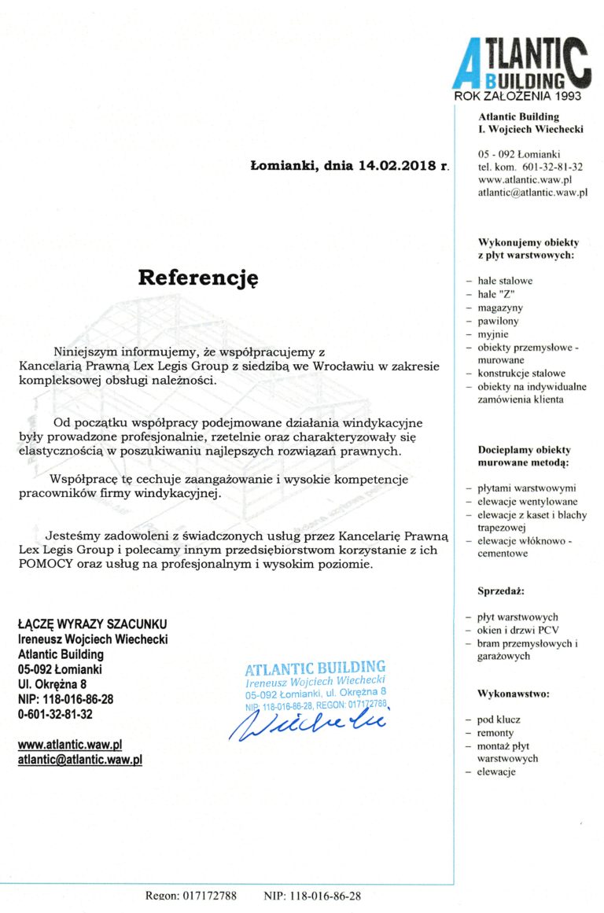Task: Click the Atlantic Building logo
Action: pos(521,64)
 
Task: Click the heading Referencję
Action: pos(198,278)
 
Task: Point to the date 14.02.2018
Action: pos(399,167)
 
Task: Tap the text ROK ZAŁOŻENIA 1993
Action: pos(517,96)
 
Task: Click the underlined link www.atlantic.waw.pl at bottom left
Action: pos(70,744)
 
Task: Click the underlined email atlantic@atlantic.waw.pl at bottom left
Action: pos(80,760)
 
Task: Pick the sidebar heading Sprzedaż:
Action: pos(500,590)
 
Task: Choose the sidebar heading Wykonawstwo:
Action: pos(513,694)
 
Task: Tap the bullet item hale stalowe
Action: pos(505,280)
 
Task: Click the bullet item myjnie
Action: pos(493,334)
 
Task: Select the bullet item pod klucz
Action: pos(499,720)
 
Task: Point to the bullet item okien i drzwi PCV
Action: pos(517,630)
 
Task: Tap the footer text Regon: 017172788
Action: pos(191,896)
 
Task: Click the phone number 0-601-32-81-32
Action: pos(55,714)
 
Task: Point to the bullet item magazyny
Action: pos(499,307)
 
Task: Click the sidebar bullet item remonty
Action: pos(495,733)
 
